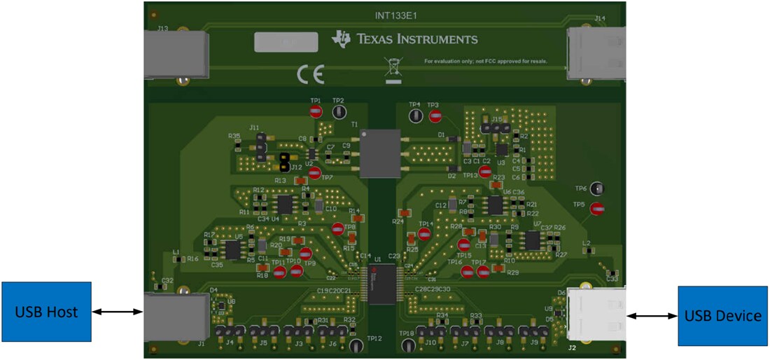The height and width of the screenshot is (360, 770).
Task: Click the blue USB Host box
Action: (x=46, y=312)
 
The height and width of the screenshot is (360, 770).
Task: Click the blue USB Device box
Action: (x=723, y=316)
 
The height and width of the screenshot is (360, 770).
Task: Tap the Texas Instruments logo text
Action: (x=405, y=39)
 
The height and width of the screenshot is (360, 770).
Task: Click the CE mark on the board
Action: (x=310, y=74)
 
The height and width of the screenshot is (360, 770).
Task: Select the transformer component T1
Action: (x=380, y=153)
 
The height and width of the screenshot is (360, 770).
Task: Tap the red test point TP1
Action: (x=316, y=111)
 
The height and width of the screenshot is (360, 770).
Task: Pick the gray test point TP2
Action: (x=339, y=111)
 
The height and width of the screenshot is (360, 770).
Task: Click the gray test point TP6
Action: (x=596, y=188)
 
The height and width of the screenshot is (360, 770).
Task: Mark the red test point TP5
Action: (x=596, y=208)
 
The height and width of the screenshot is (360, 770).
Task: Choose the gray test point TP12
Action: (x=356, y=345)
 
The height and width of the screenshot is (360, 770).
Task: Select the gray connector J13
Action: (x=175, y=53)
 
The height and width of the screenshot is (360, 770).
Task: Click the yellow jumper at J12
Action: (x=284, y=162)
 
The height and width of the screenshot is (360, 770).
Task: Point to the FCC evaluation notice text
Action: (x=485, y=62)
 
